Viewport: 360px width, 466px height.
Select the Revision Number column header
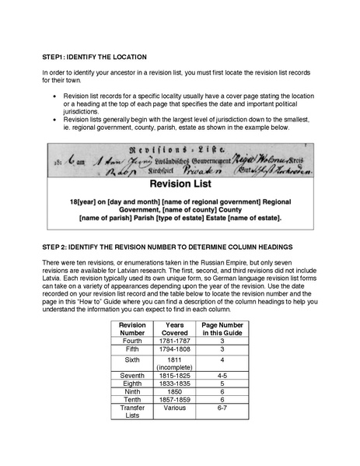coord(133,328)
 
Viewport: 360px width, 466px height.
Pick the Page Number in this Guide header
coord(223,328)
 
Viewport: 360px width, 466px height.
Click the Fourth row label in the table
coord(133,340)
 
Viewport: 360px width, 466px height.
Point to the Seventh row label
coord(133,375)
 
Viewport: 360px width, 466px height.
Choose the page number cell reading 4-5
coord(223,375)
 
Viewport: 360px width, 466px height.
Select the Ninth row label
coord(133,392)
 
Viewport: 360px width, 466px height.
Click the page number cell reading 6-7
coord(223,409)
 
